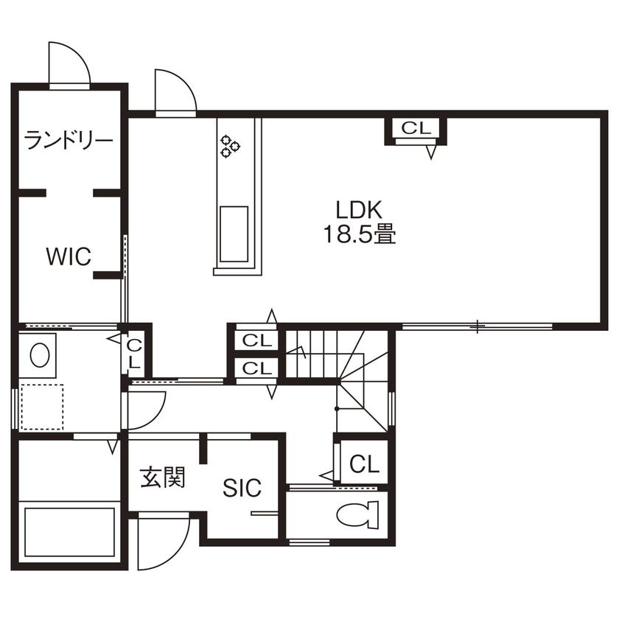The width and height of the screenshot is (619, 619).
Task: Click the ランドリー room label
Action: tap(68, 139)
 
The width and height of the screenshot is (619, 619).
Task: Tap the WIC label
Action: tap(68, 257)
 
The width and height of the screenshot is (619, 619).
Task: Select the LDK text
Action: tap(359, 209)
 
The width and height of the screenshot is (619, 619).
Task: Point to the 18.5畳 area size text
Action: tap(359, 234)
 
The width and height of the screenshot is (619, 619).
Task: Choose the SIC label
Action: tap(242, 487)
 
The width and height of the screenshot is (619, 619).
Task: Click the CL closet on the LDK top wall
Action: tap(416, 128)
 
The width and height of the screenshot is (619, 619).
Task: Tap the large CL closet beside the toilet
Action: tap(364, 464)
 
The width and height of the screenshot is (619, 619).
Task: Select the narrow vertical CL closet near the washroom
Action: tap(135, 354)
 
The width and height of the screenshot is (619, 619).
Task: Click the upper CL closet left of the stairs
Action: tap(256, 341)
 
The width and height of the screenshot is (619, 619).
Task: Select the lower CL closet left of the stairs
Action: tap(256, 368)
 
